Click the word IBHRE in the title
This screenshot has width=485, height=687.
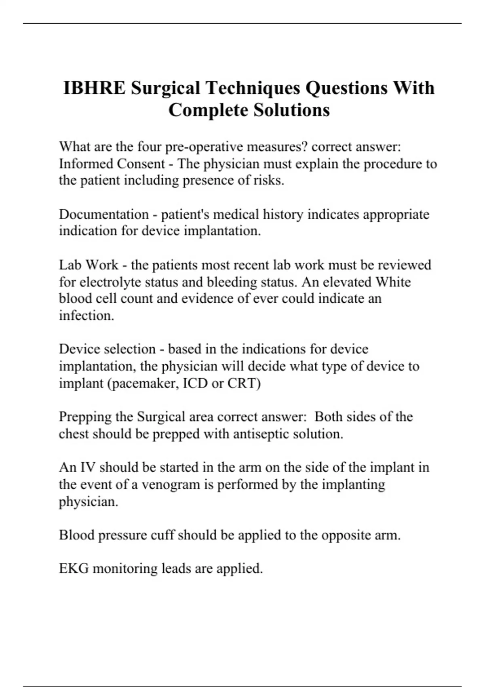95,88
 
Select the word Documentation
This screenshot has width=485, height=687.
104,214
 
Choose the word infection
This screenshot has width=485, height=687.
86,316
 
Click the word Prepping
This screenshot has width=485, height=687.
84,417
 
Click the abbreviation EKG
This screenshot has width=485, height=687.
74,569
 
